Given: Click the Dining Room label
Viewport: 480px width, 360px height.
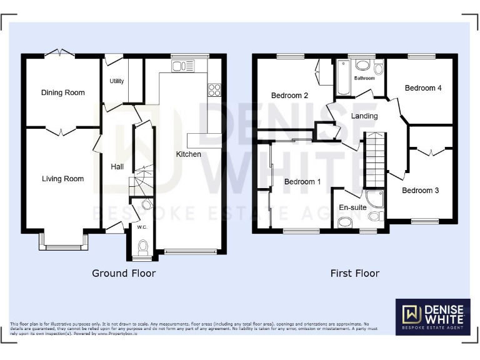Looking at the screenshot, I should [62, 92].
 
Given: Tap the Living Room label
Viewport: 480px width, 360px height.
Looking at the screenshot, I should [62, 179].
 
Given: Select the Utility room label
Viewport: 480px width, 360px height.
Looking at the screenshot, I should [117, 81].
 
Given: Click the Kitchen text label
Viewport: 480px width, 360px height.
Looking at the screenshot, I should [188, 154].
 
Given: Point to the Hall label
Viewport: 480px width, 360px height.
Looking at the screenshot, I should [117, 167].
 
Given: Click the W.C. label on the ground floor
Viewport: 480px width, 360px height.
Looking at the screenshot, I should [142, 227].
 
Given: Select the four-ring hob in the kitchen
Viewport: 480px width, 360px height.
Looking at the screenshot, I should [215, 89].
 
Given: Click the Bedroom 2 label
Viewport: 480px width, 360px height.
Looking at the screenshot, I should [289, 96].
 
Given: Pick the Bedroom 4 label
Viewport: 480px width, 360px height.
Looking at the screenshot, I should [423, 88].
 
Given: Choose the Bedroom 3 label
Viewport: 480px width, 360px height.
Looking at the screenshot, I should [420, 190].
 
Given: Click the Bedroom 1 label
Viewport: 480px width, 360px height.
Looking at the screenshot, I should [302, 182].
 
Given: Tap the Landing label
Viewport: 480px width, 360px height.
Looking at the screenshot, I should [364, 116].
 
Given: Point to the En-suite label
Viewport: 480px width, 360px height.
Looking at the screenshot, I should [352, 207].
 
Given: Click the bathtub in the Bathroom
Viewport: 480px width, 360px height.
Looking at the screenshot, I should [343, 77].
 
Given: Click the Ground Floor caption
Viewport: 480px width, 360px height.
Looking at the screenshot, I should [124, 273].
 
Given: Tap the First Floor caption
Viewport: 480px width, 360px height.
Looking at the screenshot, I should [355, 273].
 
